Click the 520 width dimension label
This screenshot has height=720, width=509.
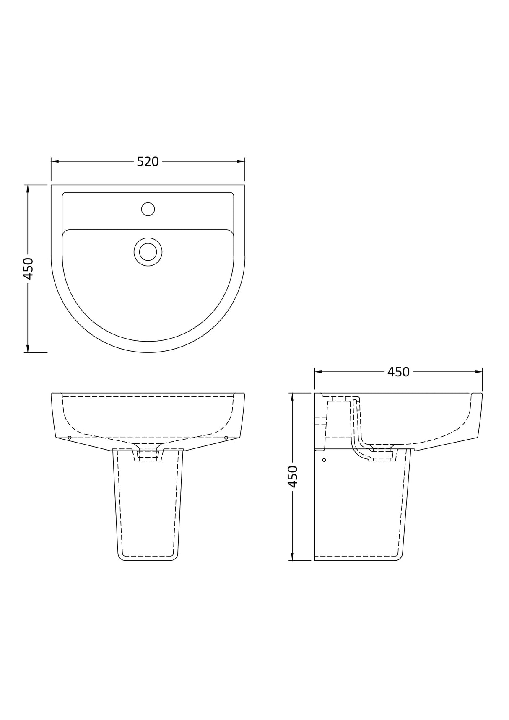click(x=148, y=161)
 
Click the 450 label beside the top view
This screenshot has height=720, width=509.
click(x=28, y=269)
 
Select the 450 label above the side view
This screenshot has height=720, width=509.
click(x=398, y=372)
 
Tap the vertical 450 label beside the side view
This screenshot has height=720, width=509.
click(x=292, y=477)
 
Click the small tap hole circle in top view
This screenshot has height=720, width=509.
click(x=148, y=209)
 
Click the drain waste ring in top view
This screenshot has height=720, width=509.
click(x=148, y=252)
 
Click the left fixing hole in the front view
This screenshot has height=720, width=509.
click(x=70, y=438)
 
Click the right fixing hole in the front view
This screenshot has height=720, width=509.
click(x=226, y=438)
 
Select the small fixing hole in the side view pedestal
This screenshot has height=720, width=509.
click(x=324, y=460)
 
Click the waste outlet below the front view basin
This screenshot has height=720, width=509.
click(x=148, y=455)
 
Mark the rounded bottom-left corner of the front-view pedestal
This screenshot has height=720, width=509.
click(x=121, y=557)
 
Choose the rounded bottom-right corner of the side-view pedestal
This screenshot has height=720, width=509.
click(x=399, y=557)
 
